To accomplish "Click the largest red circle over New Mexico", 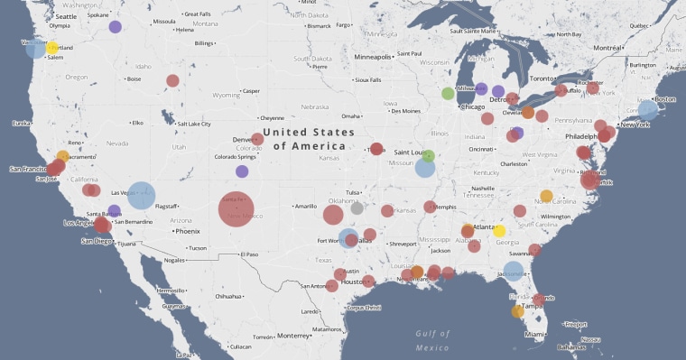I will click(236, 210).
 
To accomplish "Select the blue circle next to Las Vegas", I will click(141, 196).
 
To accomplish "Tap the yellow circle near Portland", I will click(52, 48).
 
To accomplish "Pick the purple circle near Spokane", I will click(115, 27).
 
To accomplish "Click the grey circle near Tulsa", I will click(357, 208).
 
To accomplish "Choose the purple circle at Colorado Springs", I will click(242, 171).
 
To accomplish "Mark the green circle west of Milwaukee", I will click(448, 93).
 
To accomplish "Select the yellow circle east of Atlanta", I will click(499, 231).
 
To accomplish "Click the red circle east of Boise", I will click(172, 80).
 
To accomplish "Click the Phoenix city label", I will click(188, 231).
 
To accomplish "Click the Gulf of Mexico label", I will click(432, 340).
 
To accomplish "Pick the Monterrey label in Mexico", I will click(293, 336).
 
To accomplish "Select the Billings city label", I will click(205, 43).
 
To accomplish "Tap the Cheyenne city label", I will click(272, 118).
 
